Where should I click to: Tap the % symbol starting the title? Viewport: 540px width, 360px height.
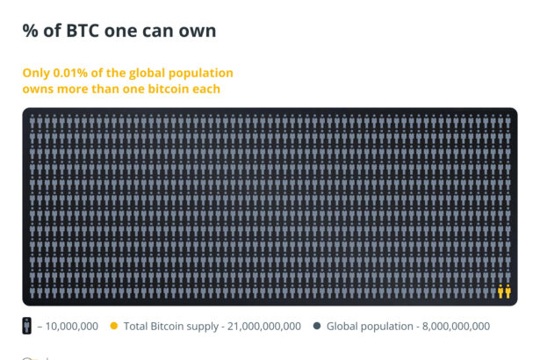click(31, 31)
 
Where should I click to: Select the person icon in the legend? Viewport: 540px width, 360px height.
click(28, 326)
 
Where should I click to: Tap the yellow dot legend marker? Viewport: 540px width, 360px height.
click(114, 327)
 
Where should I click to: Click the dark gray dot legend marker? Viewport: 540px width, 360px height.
click(317, 327)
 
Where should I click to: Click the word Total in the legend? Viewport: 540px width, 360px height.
click(138, 327)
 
